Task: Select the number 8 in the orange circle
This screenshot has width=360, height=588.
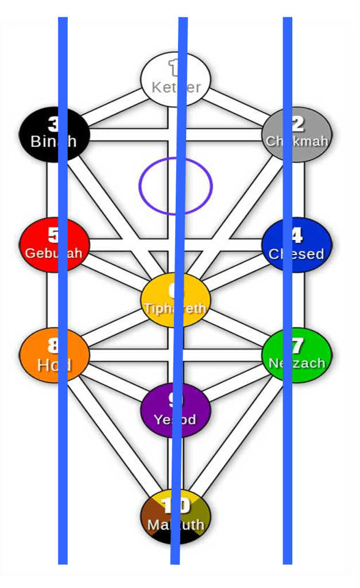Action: pos(53,346)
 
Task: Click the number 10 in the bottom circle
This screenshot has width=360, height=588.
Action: pos(176,505)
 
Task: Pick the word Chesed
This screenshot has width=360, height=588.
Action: pos(296,254)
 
